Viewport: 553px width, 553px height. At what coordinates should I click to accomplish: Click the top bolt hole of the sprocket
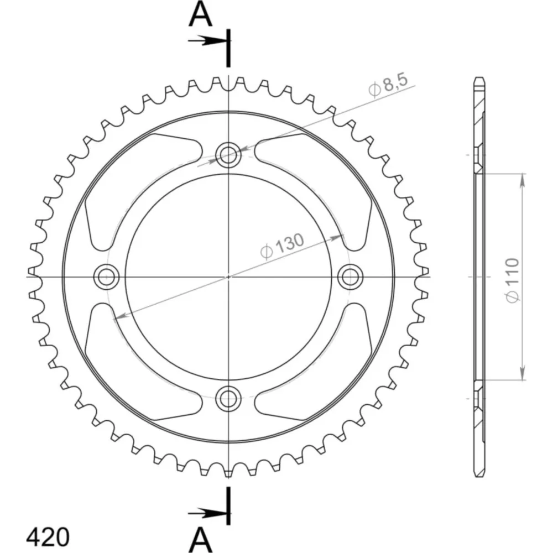coord(228,154)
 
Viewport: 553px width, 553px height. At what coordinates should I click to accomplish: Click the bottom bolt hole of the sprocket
coord(228,399)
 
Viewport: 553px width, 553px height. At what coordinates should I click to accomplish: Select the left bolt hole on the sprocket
coord(106,277)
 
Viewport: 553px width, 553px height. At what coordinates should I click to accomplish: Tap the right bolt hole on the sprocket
coord(350,277)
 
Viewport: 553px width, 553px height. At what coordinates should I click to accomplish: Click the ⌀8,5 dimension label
coord(388,85)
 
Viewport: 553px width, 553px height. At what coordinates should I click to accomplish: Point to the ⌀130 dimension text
coord(282,246)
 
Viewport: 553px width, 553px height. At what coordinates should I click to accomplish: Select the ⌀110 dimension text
coord(513,280)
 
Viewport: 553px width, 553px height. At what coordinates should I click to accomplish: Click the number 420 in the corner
coord(48,538)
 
